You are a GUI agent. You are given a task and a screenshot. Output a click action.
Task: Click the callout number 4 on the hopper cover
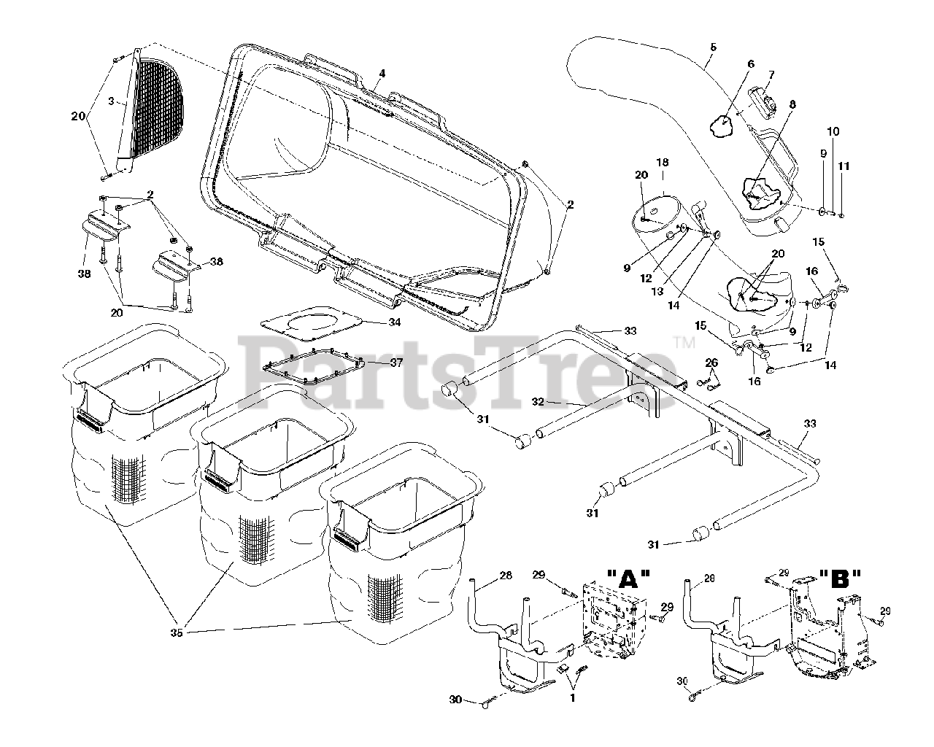click(382, 74)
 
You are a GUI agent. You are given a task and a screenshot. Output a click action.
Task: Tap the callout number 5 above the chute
click(713, 47)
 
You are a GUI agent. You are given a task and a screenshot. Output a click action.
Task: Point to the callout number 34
click(374, 322)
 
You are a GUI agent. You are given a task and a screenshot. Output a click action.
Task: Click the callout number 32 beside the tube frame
click(539, 401)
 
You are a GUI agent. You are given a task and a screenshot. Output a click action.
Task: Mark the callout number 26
click(711, 363)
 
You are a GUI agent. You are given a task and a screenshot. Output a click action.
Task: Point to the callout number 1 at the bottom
click(572, 697)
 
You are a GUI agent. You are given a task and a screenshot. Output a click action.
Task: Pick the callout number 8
click(792, 104)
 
